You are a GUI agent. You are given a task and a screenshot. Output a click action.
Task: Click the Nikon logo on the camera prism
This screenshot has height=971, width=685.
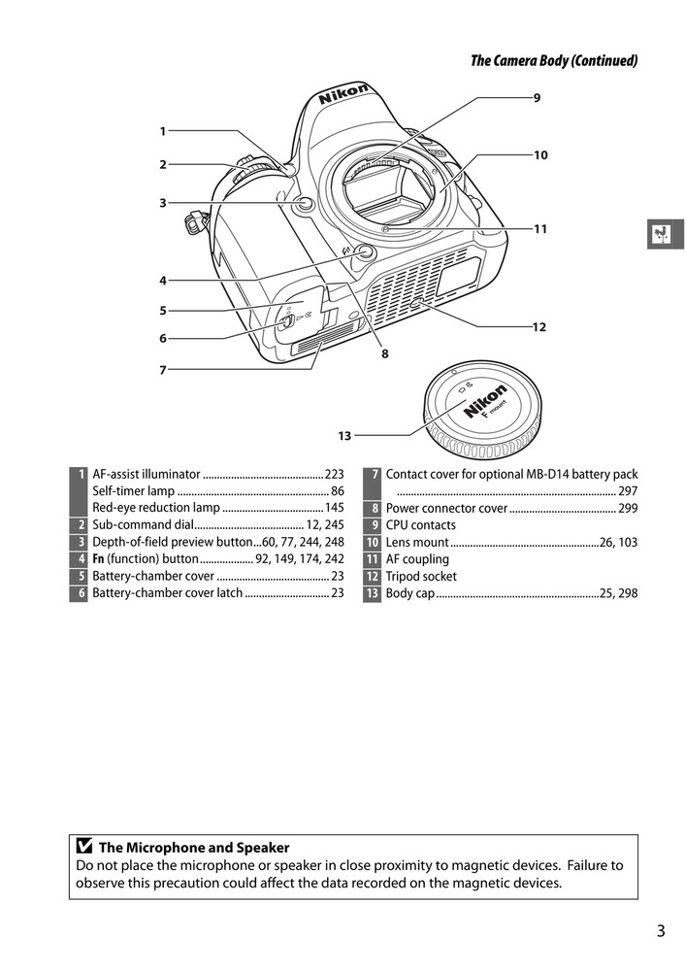click(344, 96)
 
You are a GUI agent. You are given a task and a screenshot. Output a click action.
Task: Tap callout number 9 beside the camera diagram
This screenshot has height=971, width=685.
click(537, 97)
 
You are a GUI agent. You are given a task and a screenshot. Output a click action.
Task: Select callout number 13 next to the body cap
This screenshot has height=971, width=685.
click(344, 435)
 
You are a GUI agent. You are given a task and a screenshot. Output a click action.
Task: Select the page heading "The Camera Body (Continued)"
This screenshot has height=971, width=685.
click(554, 60)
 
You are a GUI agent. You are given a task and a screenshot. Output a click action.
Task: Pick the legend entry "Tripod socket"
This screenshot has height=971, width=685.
click(421, 576)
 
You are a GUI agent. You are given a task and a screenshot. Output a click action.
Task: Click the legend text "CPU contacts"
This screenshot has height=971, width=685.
click(420, 525)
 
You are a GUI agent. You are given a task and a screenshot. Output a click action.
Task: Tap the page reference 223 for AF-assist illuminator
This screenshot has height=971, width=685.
click(335, 475)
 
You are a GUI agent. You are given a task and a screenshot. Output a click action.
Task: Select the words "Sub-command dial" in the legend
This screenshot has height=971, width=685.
click(137, 525)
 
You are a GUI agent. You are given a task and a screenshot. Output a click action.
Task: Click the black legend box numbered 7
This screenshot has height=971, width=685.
click(372, 475)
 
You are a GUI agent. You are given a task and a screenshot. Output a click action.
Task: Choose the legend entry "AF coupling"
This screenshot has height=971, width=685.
click(417, 559)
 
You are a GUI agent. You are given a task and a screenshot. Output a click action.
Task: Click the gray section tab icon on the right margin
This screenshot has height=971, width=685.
click(665, 234)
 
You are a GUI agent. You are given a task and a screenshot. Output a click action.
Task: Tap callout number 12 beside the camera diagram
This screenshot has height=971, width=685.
click(539, 327)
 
